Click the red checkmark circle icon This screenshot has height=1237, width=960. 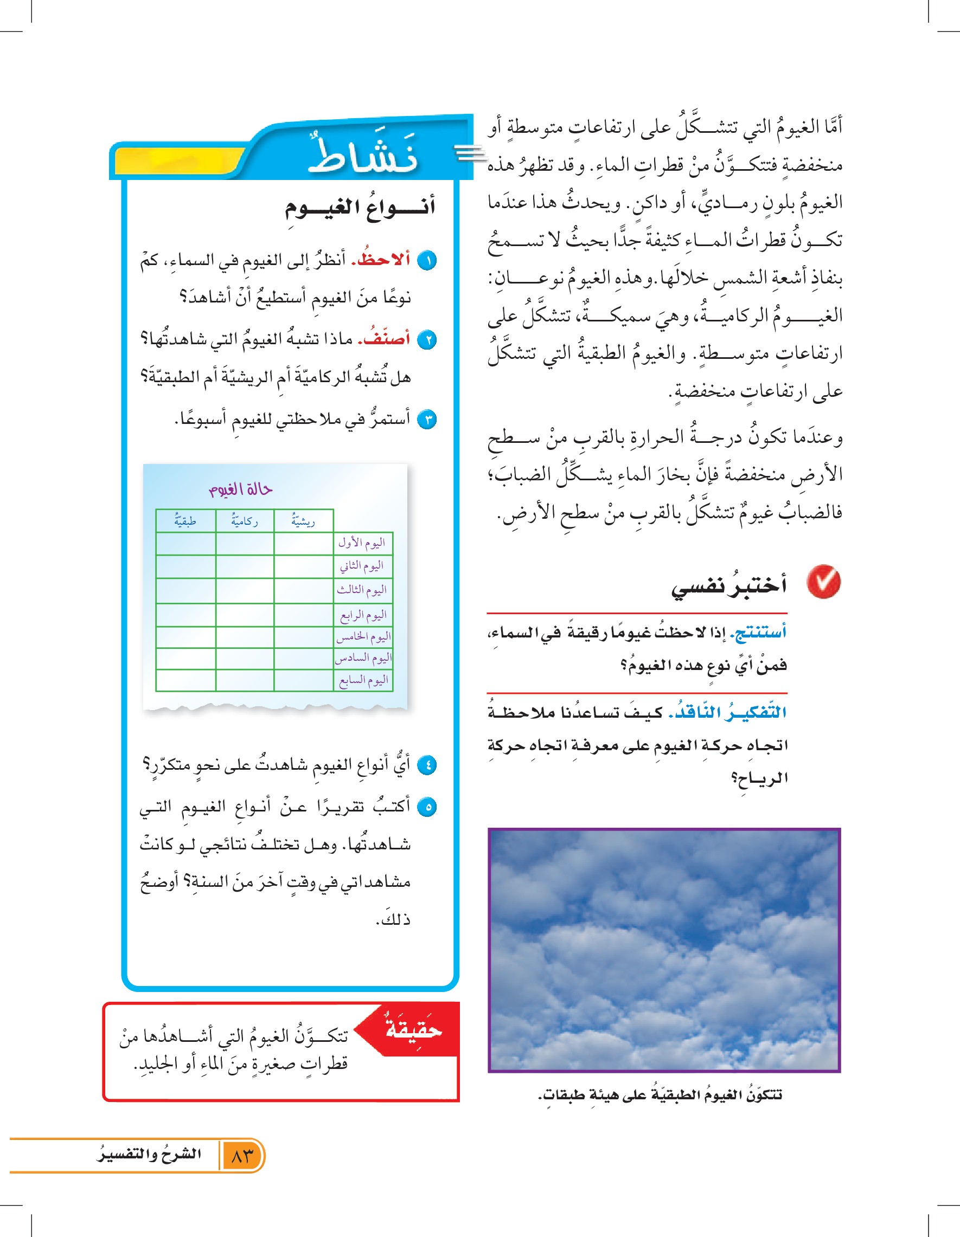click(823, 582)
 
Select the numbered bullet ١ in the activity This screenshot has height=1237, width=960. click(427, 261)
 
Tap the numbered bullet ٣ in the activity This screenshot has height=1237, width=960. click(427, 420)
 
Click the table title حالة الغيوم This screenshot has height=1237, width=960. click(241, 489)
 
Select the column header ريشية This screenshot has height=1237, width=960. click(303, 521)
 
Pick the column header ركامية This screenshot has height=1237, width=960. click(244, 521)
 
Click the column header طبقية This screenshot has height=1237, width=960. click(185, 521)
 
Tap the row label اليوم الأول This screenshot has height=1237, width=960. click(362, 543)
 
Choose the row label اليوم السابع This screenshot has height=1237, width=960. click(363, 680)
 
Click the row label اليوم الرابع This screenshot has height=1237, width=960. click(363, 615)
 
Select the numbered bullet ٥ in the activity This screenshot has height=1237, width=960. click(427, 807)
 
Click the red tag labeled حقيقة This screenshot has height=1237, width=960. click(413, 1028)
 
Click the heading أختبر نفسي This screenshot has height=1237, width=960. click(729, 584)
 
